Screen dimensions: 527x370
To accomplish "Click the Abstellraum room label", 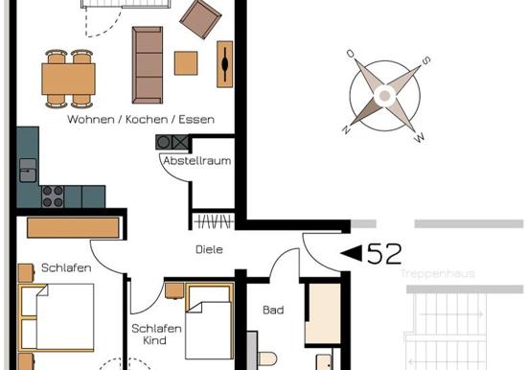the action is pos(197,161).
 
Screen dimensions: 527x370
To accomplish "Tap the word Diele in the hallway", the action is pos(209,249).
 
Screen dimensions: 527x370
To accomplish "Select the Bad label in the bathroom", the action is pos(273,310).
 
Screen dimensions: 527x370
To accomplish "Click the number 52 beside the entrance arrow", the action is pos(384,254).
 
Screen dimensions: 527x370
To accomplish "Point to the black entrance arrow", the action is pos(352,253).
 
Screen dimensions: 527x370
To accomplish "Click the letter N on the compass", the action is pos(346,129).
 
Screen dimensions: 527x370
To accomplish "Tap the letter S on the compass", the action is pos(425,60).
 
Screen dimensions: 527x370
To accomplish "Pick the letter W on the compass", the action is pos(420,137).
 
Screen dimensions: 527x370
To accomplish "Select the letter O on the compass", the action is pos(351,54).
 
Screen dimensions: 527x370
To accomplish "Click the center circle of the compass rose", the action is pos(385,96).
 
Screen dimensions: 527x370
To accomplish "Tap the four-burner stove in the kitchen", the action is pos(53,197).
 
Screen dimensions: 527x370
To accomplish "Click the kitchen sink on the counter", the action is pos(28,171).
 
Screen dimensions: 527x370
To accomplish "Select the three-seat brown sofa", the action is pos(148,65).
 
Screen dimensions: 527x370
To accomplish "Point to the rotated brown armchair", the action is pos(200,19).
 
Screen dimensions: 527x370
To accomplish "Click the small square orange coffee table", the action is pos(186,63).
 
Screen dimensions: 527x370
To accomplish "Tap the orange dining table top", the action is pos(69,79).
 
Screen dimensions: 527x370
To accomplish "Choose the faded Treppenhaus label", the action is pos(438,273).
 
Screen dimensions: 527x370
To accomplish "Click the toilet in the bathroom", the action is pos(267,359).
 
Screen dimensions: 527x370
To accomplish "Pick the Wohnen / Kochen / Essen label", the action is pos(141,120).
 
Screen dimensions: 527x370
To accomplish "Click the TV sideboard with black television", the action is pos(225,64).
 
